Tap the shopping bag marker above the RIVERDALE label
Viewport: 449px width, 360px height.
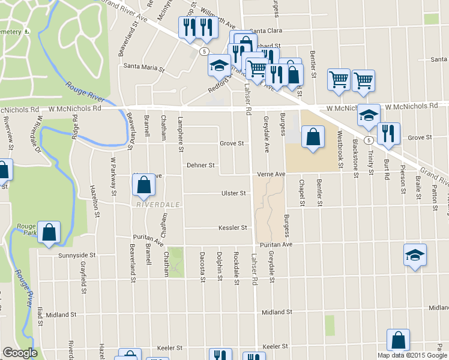tap(144, 186)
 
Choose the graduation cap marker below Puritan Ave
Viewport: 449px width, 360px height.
tap(415, 256)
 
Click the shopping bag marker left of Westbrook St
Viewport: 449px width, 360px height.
tap(313, 137)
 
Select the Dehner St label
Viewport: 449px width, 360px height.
tap(200, 165)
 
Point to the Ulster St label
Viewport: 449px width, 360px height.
tap(234, 193)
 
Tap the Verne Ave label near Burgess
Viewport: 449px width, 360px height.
tap(272, 174)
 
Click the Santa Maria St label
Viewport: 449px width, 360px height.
tap(144, 68)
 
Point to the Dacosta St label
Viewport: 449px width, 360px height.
tap(202, 266)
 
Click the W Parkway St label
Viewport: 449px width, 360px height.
tap(112, 176)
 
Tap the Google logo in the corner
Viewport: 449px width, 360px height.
tap(20, 353)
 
